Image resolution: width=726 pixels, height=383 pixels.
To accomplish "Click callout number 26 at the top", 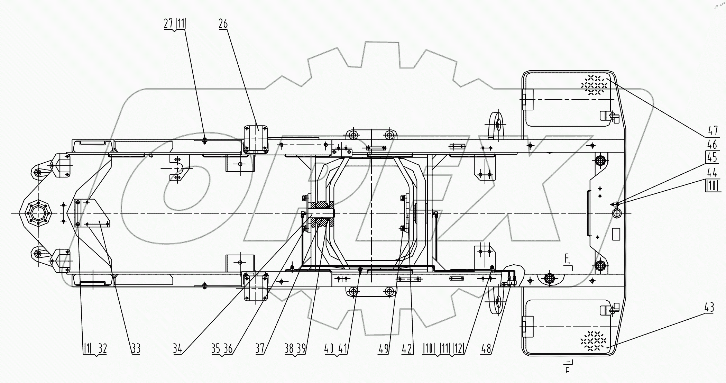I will point(223,24).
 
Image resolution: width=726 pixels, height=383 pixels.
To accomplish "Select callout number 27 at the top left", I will point(168,24).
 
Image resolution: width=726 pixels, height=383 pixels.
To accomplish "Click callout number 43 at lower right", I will point(709,308).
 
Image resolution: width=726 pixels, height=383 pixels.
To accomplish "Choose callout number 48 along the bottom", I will point(486,348).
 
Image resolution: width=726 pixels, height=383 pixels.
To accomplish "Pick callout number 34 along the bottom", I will point(177,348).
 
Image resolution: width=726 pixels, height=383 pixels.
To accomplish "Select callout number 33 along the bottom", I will point(136,348).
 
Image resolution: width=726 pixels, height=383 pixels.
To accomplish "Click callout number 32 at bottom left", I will point(102,348).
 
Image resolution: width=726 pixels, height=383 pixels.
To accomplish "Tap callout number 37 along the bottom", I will point(260,348).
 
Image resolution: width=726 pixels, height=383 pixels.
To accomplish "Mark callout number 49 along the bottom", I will point(383,348).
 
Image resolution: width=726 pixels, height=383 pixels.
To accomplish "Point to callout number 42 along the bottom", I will point(407,348).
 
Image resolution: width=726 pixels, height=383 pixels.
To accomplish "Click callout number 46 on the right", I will point(712,144).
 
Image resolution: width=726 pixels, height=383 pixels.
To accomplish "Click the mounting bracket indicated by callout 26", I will point(256,139).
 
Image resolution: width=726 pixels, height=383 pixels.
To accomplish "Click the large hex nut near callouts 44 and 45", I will point(616,212).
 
